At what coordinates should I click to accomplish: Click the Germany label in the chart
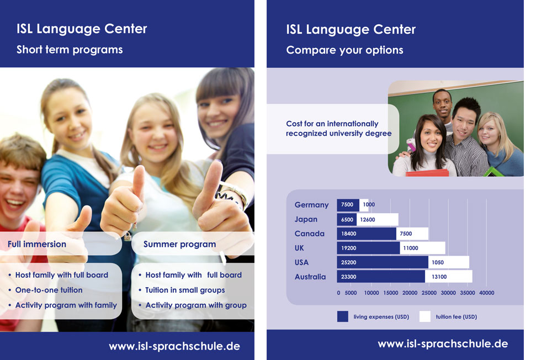[x=311, y=205]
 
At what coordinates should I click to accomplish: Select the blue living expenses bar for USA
[x=383, y=262]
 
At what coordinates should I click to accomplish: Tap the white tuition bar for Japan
[x=378, y=219]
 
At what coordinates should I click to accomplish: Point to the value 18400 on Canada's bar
[x=348, y=234]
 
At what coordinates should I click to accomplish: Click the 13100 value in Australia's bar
[x=439, y=277]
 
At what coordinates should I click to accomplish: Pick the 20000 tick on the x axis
[x=410, y=293]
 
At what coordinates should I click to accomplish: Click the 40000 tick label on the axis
[x=486, y=293]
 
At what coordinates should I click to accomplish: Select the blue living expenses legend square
[x=343, y=316]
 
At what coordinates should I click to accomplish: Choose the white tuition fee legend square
[x=425, y=316]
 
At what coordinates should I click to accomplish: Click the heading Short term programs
[x=70, y=50]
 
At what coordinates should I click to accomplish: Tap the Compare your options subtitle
[x=344, y=50]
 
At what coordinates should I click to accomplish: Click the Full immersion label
[x=37, y=244]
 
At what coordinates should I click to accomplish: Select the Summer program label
[x=179, y=245]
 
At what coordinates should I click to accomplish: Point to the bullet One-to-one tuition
[x=49, y=290]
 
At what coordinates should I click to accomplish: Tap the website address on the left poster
[x=174, y=346]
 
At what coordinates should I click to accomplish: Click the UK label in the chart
[x=299, y=248]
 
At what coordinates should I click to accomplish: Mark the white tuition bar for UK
[x=422, y=248]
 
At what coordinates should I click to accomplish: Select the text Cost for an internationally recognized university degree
[x=339, y=129]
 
